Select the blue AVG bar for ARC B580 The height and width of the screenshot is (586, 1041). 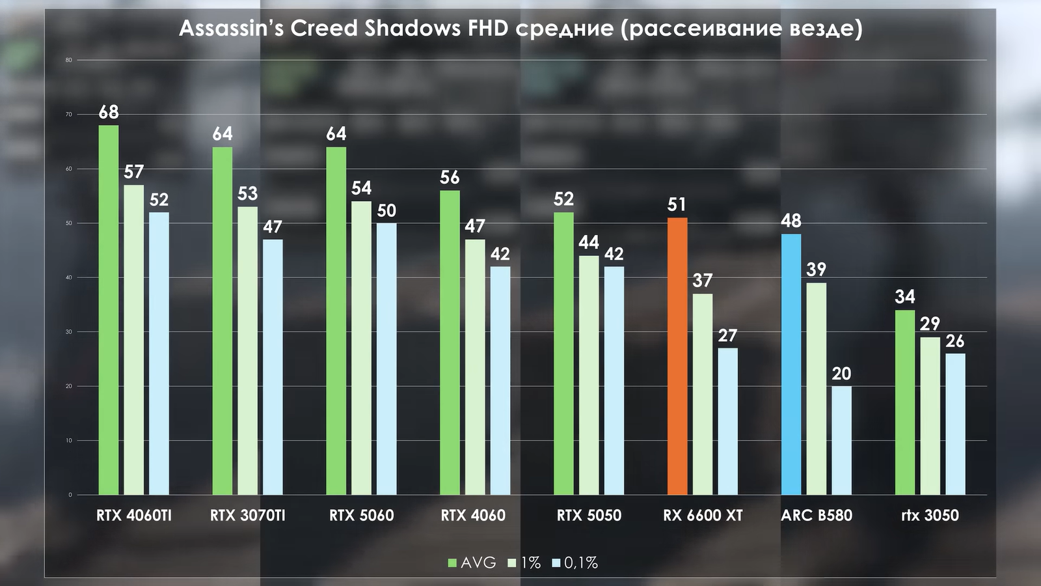pyautogui.click(x=791, y=365)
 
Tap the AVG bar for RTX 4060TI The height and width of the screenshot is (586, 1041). pyautogui.click(x=109, y=310)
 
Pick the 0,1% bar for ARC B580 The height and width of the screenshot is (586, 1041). pyautogui.click(x=841, y=440)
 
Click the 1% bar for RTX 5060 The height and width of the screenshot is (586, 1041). pyautogui.click(x=362, y=348)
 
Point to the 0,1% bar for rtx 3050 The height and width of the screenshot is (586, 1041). pyautogui.click(x=955, y=424)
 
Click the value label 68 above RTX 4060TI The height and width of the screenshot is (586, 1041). pyautogui.click(x=109, y=113)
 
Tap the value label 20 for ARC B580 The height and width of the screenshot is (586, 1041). pyautogui.click(x=841, y=374)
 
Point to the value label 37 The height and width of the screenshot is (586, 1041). pyautogui.click(x=703, y=281)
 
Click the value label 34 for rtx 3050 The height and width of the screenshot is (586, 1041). pyautogui.click(x=905, y=297)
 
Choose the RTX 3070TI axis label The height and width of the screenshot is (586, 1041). pyautogui.click(x=247, y=516)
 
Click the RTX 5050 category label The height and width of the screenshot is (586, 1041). pyautogui.click(x=589, y=516)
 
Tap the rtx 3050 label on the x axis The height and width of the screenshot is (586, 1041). pyautogui.click(x=930, y=516)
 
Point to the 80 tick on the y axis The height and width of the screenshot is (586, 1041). pyautogui.click(x=68, y=60)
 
